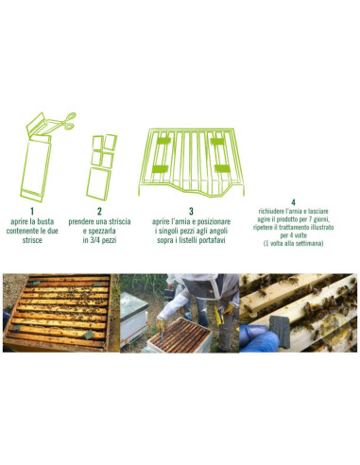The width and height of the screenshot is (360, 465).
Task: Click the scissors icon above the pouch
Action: click(68, 120)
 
